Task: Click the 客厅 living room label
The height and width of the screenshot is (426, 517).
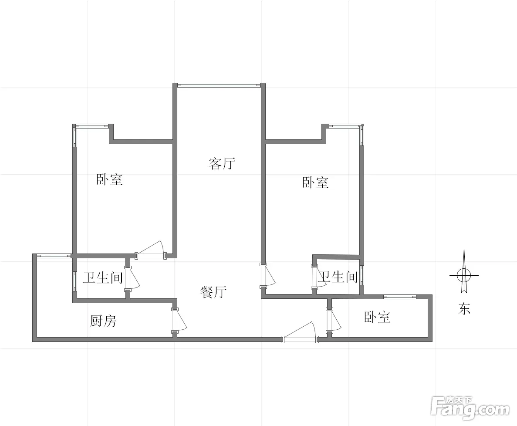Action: pyautogui.click(x=222, y=163)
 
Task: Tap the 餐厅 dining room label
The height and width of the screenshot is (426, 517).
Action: pyautogui.click(x=213, y=292)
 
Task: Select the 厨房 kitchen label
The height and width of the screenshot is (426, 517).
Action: pyautogui.click(x=103, y=321)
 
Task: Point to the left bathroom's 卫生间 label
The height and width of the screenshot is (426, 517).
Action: pyautogui.click(x=102, y=277)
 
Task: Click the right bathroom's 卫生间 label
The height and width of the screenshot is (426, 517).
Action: pyautogui.click(x=338, y=277)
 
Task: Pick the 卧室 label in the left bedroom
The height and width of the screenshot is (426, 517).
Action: pyautogui.click(x=109, y=179)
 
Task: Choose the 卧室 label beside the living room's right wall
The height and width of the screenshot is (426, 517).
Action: pyautogui.click(x=315, y=183)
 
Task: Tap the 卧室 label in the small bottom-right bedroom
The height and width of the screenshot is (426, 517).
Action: pyautogui.click(x=377, y=317)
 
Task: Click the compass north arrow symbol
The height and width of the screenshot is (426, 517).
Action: pyautogui.click(x=464, y=272)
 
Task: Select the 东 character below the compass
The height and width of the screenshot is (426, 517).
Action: pyautogui.click(x=464, y=309)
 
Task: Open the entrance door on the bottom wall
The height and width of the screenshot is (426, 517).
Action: pyautogui.click(x=300, y=332)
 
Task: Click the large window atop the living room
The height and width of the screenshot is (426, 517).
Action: pyautogui.click(x=219, y=85)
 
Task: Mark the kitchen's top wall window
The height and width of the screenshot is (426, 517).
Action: pyautogui.click(x=54, y=256)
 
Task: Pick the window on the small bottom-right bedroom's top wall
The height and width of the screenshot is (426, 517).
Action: pyautogui.click(x=400, y=297)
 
